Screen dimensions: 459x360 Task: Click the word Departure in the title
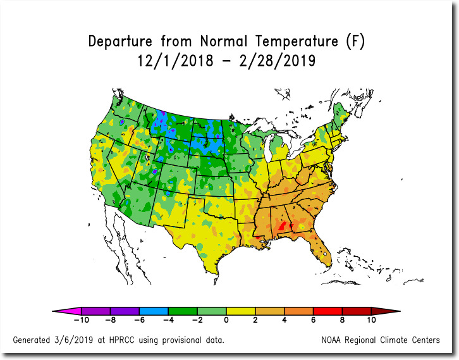120,42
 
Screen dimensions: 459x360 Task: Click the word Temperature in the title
297,41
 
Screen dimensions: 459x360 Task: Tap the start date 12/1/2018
175,61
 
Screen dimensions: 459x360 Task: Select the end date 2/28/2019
277,61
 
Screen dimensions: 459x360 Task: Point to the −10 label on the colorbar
82,320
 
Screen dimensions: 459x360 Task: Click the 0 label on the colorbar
226,320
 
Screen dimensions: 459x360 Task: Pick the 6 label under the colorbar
313,320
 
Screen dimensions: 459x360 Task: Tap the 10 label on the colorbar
371,320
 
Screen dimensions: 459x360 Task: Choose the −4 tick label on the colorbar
168,320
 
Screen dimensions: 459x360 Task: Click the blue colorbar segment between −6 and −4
154,311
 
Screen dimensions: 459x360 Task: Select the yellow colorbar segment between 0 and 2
241,311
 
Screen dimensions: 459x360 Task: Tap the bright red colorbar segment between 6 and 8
327,311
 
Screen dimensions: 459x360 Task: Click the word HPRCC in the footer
121,340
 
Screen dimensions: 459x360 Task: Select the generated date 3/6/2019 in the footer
73,340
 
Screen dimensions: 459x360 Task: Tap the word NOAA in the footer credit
331,340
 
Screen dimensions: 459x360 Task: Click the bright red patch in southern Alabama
282,226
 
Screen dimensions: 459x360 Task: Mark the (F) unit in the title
355,41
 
